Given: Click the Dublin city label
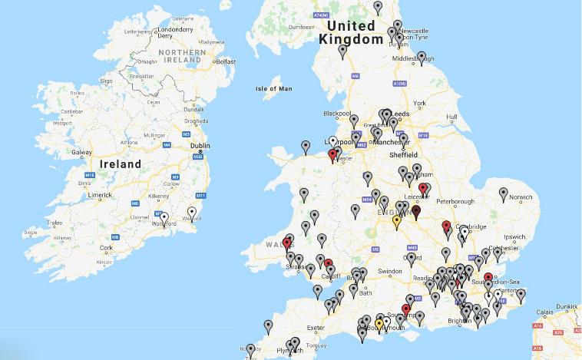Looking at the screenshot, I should [200, 144].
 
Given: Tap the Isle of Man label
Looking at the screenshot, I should [275, 88].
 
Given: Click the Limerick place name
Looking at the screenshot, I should [100, 195].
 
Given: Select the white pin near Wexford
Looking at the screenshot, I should [192, 213].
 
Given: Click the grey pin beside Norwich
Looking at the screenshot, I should [503, 194].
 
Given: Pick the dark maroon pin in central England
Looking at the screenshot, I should [415, 212].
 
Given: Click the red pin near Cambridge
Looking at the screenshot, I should [446, 227].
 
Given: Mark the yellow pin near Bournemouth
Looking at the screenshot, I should [379, 324].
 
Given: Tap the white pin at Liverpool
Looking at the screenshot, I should [333, 142].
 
